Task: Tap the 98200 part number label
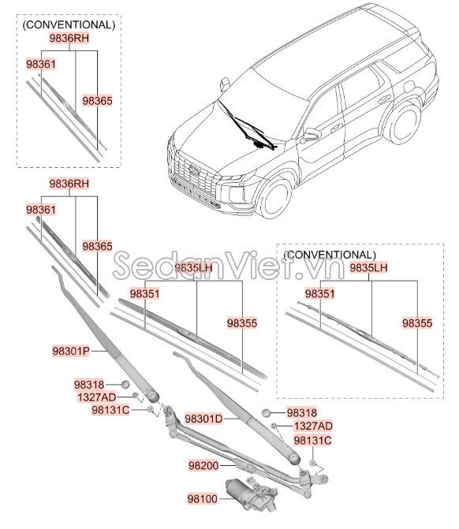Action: click(x=203, y=467)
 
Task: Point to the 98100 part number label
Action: click(x=203, y=498)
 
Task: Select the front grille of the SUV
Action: click(x=189, y=170)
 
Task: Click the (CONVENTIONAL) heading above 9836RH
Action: click(x=69, y=25)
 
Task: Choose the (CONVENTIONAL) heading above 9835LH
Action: click(x=328, y=255)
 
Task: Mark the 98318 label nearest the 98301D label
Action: click(x=302, y=412)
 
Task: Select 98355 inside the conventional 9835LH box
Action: click(x=417, y=323)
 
